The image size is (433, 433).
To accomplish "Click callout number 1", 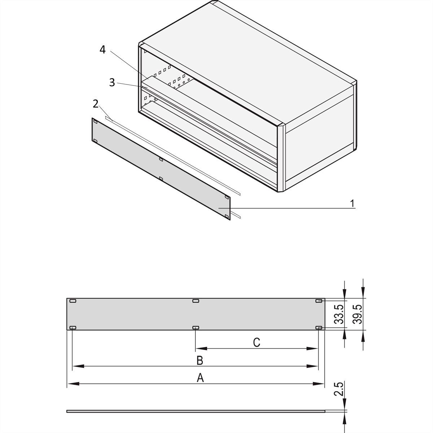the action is [352, 204].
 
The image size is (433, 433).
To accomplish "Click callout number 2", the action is [96, 104].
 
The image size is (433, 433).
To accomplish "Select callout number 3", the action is [112, 82].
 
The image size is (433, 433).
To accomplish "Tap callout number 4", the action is [103, 50].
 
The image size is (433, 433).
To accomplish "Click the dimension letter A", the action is [200, 378].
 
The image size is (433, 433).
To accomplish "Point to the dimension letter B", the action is [200, 360].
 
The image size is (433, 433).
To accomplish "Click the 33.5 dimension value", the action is [338, 314].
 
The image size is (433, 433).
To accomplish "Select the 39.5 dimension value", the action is [357, 314].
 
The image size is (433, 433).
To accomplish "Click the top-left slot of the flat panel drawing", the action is [73, 301].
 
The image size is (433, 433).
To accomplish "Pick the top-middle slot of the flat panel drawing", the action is [196, 301].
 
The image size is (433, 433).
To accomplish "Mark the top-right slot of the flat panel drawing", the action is [319, 301].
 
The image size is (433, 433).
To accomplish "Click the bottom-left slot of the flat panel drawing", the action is [73, 328].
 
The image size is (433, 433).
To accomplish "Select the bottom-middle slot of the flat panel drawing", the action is [196, 328].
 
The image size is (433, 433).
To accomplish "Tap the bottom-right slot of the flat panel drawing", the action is [319, 328].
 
